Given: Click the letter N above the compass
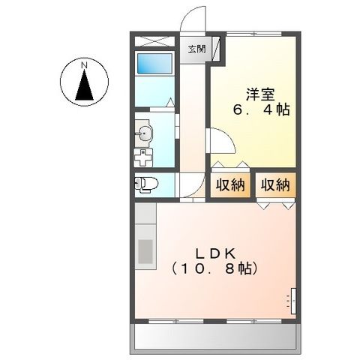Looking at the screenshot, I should click(x=85, y=66).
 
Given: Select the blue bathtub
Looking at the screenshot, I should click(x=154, y=66).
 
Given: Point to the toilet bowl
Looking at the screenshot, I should click(x=148, y=182).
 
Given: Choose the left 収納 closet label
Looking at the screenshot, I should click(x=229, y=184).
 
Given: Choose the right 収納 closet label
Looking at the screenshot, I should click(x=275, y=184).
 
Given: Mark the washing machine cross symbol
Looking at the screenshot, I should click(x=142, y=158).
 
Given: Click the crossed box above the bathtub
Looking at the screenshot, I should click(x=154, y=42).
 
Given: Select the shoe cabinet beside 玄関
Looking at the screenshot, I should click(x=217, y=49).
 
